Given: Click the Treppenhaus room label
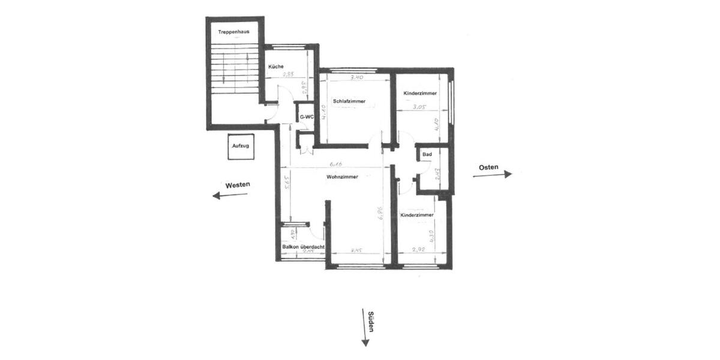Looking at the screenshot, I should click(x=234, y=31).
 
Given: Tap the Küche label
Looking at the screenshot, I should click(x=276, y=66).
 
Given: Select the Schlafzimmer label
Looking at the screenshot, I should click(x=349, y=101).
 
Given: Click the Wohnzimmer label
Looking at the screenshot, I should click(x=343, y=177).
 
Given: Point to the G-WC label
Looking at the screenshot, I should click(x=307, y=116).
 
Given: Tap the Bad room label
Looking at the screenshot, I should click(x=427, y=155).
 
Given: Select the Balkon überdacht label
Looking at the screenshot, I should click(x=303, y=246).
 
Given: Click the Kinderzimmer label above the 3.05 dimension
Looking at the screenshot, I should click(x=420, y=93).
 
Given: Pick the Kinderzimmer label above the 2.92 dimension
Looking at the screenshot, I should click(x=417, y=214).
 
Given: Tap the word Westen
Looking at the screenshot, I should click(x=238, y=185).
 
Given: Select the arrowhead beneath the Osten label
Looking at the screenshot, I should click(x=508, y=174).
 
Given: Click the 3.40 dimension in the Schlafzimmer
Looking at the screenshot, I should click(x=356, y=77).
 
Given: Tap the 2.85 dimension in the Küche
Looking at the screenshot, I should click(x=288, y=74).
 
